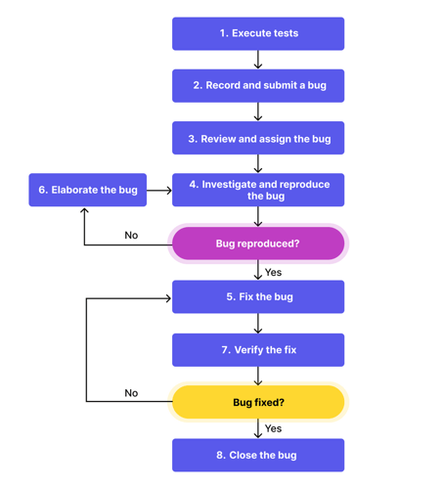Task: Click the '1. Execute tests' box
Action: click(258, 33)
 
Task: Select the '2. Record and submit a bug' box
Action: click(258, 85)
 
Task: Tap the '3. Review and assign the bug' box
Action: click(258, 139)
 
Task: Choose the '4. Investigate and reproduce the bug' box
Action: click(258, 190)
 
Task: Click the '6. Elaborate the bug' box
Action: click(87, 190)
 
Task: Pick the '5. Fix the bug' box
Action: click(258, 296)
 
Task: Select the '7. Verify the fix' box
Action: click(258, 349)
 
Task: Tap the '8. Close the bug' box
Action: click(258, 455)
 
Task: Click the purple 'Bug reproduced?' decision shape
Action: click(258, 244)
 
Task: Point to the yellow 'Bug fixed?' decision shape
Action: click(258, 402)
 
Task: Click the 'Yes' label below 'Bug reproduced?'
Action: click(274, 273)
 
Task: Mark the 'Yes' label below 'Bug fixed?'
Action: click(274, 428)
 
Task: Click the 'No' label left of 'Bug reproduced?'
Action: click(131, 236)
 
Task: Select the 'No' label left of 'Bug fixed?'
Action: click(131, 393)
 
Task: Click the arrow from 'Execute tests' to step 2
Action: click(258, 60)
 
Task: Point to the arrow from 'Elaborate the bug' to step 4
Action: click(159, 190)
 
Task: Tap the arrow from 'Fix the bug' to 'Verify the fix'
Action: click(258, 324)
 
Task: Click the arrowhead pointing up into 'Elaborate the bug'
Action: click(85, 211)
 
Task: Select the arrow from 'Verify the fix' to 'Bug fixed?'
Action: click(258, 377)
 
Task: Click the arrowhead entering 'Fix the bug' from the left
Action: click(167, 297)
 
